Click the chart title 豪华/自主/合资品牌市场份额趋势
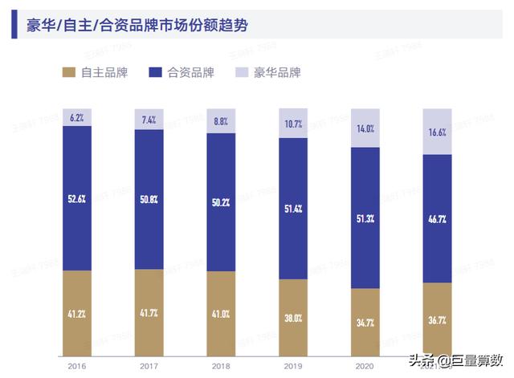pyautogui.click(x=137, y=26)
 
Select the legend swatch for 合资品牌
pyautogui.click(x=157, y=73)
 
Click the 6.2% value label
pyautogui.click(x=77, y=117)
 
